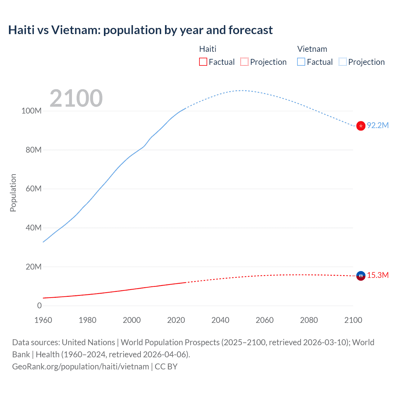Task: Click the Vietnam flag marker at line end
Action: [x=361, y=126]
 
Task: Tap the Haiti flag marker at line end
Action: [x=361, y=275]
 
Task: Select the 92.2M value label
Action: [x=378, y=125]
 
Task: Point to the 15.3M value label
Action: [x=378, y=275]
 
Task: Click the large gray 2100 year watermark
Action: [x=76, y=98]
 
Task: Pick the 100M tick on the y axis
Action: [x=31, y=111]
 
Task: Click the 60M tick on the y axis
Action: [x=33, y=189]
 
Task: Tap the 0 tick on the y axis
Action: [x=39, y=306]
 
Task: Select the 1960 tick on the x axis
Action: [x=43, y=320]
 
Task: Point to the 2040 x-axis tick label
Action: [x=220, y=320]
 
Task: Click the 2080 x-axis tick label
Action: [x=309, y=320]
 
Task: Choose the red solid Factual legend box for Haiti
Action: [x=203, y=62]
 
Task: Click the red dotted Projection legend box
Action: [x=244, y=62]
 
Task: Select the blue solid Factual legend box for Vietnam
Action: [x=301, y=62]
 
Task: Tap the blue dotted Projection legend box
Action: [x=342, y=62]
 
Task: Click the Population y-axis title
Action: [x=13, y=193]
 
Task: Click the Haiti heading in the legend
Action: [x=207, y=49]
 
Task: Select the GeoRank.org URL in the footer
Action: [x=81, y=367]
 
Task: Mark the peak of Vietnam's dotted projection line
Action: [x=242, y=91]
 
